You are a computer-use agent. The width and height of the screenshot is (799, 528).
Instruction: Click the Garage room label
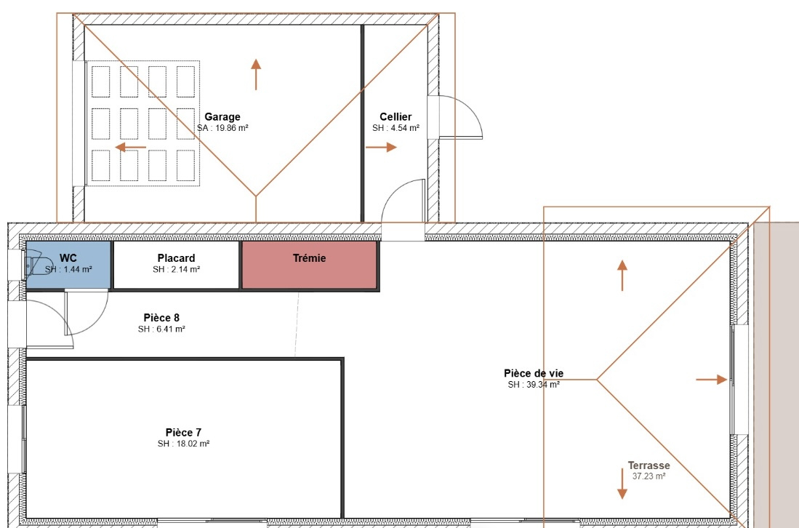point(222,116)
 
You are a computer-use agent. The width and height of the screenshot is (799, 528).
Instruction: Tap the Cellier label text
point(396,116)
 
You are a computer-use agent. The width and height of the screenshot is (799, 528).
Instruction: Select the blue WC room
point(68,265)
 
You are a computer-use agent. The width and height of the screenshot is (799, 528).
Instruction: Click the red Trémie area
point(309,265)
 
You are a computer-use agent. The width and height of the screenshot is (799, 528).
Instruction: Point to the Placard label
point(177,258)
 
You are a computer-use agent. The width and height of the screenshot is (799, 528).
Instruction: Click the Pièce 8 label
point(161,318)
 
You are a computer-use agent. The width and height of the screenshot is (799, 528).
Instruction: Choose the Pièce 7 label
point(183,432)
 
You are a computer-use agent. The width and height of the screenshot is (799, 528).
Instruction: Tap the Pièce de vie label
point(534,374)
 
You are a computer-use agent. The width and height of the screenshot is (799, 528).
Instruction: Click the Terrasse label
point(649,465)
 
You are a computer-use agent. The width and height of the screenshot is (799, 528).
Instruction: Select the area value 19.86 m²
point(232,128)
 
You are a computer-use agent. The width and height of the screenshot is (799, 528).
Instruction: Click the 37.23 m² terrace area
point(649,476)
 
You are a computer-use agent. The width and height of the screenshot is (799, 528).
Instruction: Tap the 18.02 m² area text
point(193,444)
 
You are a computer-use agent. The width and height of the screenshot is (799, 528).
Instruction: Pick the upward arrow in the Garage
point(256,74)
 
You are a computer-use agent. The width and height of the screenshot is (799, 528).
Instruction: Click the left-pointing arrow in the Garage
point(131,148)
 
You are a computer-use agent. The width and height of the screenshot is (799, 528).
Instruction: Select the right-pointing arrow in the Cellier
point(381,148)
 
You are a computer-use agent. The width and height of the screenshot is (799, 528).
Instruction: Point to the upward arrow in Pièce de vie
point(622,275)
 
